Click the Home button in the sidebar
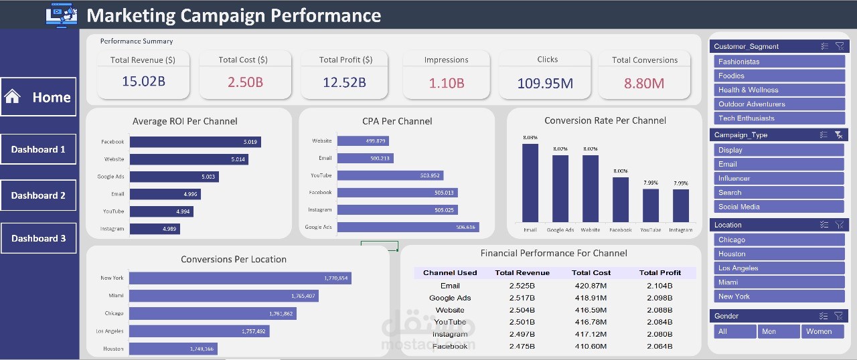tap(38, 97)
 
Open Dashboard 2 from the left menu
tap(38, 195)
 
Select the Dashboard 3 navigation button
tap(38, 238)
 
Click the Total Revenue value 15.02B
tap(143, 82)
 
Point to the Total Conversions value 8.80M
tap(644, 83)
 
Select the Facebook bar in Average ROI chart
tap(195, 142)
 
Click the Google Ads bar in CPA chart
tap(408, 227)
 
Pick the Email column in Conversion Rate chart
tap(530, 183)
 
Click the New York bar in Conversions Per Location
tap(240, 278)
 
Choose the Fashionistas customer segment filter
tap(779, 62)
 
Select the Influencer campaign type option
tap(779, 179)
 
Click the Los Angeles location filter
tap(779, 268)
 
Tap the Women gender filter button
tap(823, 331)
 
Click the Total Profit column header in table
tap(659, 273)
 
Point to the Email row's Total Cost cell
tap(591, 286)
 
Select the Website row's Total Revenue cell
tap(522, 310)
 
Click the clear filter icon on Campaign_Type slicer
tap(839, 134)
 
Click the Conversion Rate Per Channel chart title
tap(605, 121)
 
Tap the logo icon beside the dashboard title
tap(62, 15)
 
